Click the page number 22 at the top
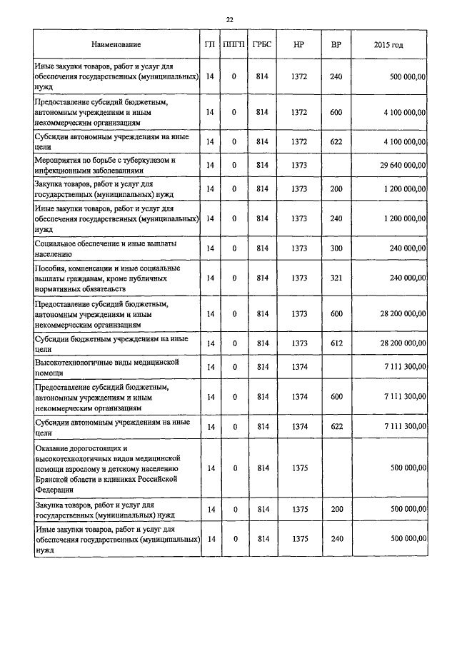[229, 19]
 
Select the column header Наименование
[116, 45]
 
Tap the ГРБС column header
[262, 45]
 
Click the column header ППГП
[233, 45]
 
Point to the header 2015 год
[388, 45]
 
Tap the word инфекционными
[65, 171]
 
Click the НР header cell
[299, 45]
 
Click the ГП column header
[209, 45]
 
